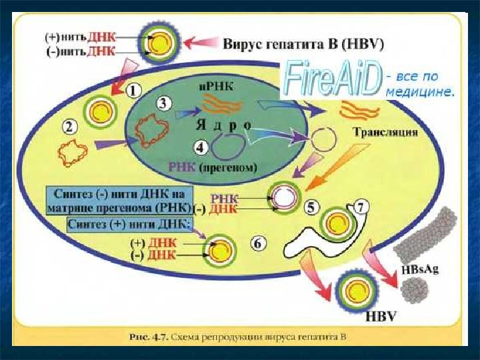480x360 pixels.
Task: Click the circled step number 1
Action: coord(134,89)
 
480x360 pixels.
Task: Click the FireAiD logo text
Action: coord(332,77)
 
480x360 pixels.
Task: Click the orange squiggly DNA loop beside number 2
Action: coord(72,153)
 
